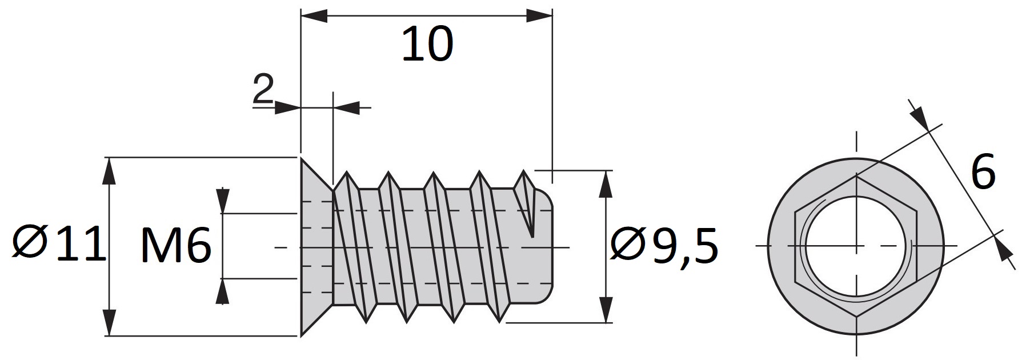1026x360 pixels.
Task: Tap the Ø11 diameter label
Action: coord(59,244)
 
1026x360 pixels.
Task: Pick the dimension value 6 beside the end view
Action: coord(983,171)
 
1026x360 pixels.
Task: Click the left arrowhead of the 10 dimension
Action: coord(314,15)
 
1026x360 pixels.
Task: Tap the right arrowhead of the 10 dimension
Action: coord(539,15)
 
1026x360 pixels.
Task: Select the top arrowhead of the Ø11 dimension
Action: coord(109,171)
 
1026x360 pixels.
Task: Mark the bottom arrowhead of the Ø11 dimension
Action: coord(109,322)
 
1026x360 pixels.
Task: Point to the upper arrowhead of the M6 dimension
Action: coord(223,200)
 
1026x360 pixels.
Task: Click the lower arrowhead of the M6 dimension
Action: coord(223,292)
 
